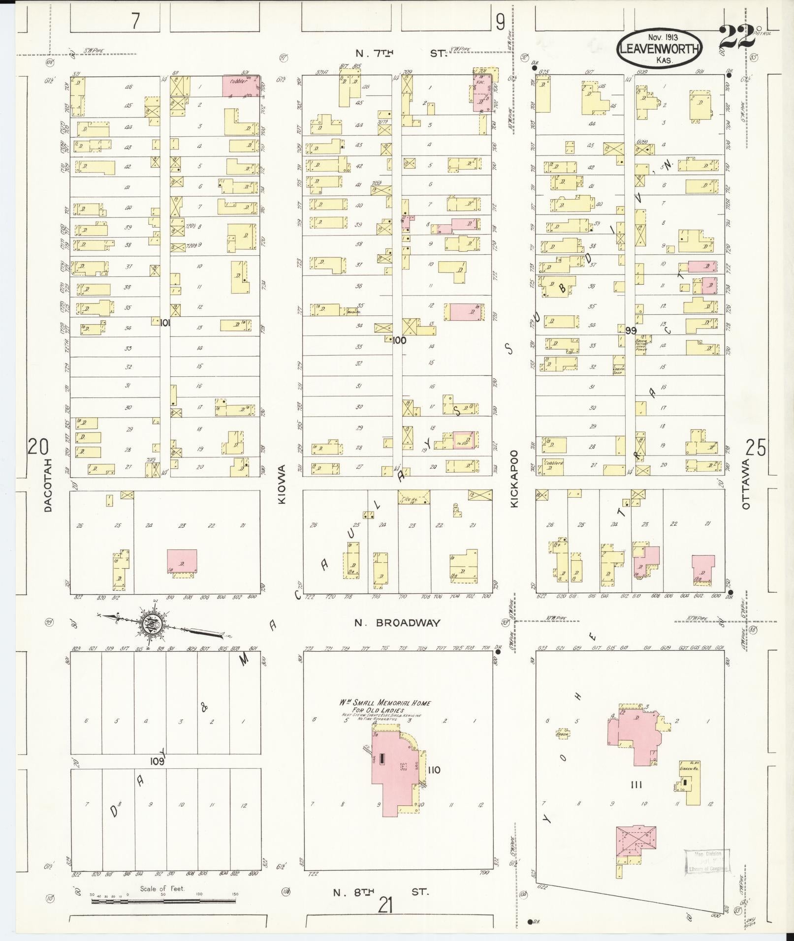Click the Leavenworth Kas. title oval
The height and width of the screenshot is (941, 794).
pyautogui.click(x=659, y=49)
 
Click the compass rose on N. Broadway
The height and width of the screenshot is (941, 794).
pyautogui.click(x=149, y=623)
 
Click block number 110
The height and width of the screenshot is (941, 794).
pyautogui.click(x=434, y=784)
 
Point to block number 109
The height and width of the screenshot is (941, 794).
pyautogui.click(x=157, y=775)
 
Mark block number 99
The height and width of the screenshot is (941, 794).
pyautogui.click(x=631, y=331)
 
